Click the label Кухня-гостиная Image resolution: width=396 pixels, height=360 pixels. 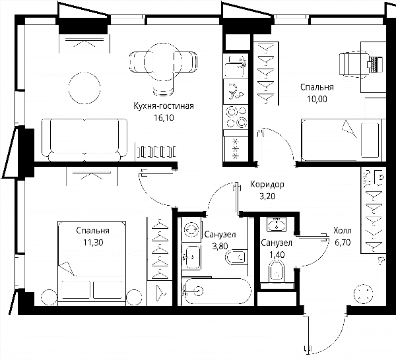[x=164, y=106]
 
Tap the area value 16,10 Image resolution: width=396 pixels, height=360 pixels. [x=164, y=117]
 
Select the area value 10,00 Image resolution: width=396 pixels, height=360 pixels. [x=317, y=99]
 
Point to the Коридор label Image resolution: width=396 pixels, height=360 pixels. [x=267, y=185]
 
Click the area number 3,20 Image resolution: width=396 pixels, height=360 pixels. [x=267, y=196]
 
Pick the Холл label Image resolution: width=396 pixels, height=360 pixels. [x=342, y=231]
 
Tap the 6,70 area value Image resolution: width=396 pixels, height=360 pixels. [x=343, y=243]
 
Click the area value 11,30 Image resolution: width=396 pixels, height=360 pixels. [x=93, y=243]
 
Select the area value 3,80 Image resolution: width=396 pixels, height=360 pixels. [x=220, y=246]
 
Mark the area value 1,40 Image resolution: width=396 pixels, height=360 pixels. [x=277, y=255]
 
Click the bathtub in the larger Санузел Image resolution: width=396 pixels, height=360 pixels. [x=217, y=291]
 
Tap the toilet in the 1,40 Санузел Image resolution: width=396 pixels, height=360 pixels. [x=277, y=272]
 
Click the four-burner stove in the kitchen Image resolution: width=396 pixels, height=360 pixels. [x=236, y=117]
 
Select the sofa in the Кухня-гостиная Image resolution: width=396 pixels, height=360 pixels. [x=84, y=140]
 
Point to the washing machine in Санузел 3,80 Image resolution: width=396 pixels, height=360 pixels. [x=191, y=229]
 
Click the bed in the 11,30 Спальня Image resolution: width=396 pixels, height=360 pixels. [x=92, y=263]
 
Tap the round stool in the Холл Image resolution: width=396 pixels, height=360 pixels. [x=364, y=294]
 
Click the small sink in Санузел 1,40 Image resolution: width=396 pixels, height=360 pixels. [x=277, y=224]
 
